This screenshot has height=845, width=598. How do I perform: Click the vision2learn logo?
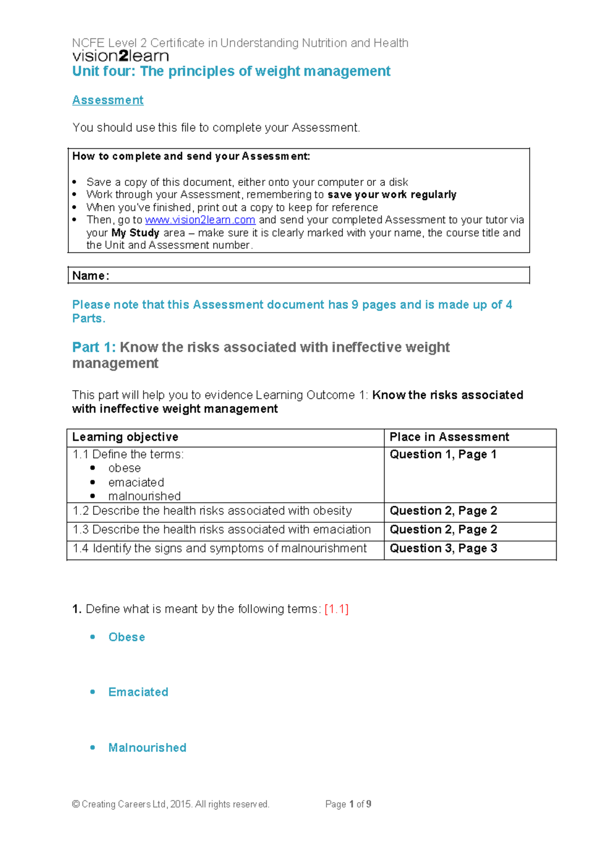[x=121, y=56]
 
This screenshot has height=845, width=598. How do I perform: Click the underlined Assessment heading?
[x=108, y=100]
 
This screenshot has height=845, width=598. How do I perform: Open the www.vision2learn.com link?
[x=200, y=220]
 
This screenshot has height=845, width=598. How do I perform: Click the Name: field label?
[x=90, y=276]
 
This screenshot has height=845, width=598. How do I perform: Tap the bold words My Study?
[x=135, y=233]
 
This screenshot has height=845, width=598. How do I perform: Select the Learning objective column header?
[x=125, y=437]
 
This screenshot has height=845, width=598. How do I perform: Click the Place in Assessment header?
[x=449, y=437]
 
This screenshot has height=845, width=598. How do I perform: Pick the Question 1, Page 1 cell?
[x=443, y=454]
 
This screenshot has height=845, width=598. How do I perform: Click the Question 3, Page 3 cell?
[x=443, y=549]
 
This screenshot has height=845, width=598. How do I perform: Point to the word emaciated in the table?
[x=136, y=482]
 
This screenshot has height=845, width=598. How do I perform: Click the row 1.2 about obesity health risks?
[x=212, y=511]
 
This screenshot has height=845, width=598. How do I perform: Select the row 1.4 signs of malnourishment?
[x=219, y=549]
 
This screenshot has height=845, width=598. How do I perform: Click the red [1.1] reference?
[x=336, y=609]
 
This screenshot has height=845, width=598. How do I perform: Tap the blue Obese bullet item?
[x=127, y=637]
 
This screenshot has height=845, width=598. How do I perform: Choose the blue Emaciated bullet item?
[x=138, y=692]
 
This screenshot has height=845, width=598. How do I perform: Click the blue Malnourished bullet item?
[x=147, y=748]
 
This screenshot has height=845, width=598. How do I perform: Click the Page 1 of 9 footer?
[x=348, y=804]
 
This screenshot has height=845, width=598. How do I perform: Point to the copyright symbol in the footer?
[x=76, y=804]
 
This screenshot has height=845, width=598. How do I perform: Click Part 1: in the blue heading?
[x=94, y=347]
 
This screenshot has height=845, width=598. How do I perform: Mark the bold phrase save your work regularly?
[x=392, y=194]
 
